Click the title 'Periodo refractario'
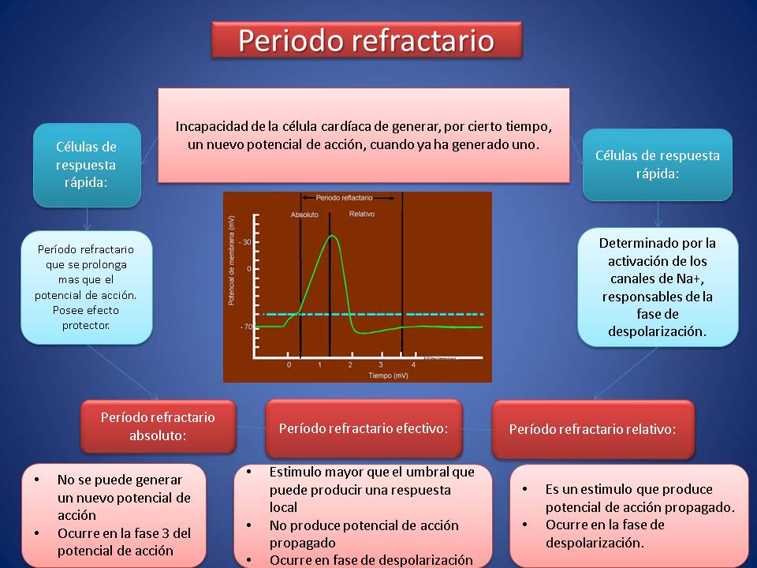pyautogui.click(x=367, y=40)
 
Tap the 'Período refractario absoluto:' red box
pyautogui.click(x=158, y=427)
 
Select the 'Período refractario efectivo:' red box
pyautogui.click(x=364, y=428)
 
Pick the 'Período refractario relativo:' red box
pyautogui.click(x=593, y=429)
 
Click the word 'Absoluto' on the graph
pyautogui.click(x=304, y=215)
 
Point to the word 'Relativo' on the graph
pyautogui.click(x=362, y=214)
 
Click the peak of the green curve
pyautogui.click(x=332, y=236)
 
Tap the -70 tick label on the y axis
pyautogui.click(x=246, y=327)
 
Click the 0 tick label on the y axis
pyautogui.click(x=249, y=268)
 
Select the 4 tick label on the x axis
pyautogui.click(x=413, y=364)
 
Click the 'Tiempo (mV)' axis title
pyautogui.click(x=388, y=376)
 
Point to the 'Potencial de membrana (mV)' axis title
pyautogui.click(x=231, y=261)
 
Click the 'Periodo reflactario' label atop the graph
pyautogui.click(x=345, y=197)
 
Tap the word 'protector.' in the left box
pyautogui.click(x=86, y=326)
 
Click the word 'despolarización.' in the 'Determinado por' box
pyautogui.click(x=657, y=331)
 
